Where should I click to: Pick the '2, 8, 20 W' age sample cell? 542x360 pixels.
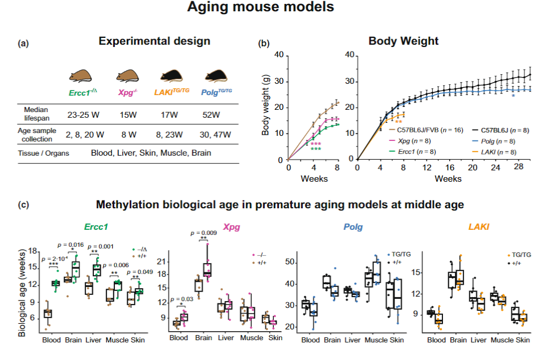pyautogui.click(x=79, y=135)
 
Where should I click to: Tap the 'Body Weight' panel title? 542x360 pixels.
pyautogui.click(x=395, y=41)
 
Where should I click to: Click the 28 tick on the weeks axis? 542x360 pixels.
pyautogui.click(x=511, y=168)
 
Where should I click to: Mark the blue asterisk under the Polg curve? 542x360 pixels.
pyautogui.click(x=513, y=96)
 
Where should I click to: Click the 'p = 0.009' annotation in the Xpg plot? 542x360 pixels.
pyautogui.click(x=203, y=232)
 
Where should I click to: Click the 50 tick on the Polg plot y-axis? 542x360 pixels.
pyautogui.click(x=289, y=262)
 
